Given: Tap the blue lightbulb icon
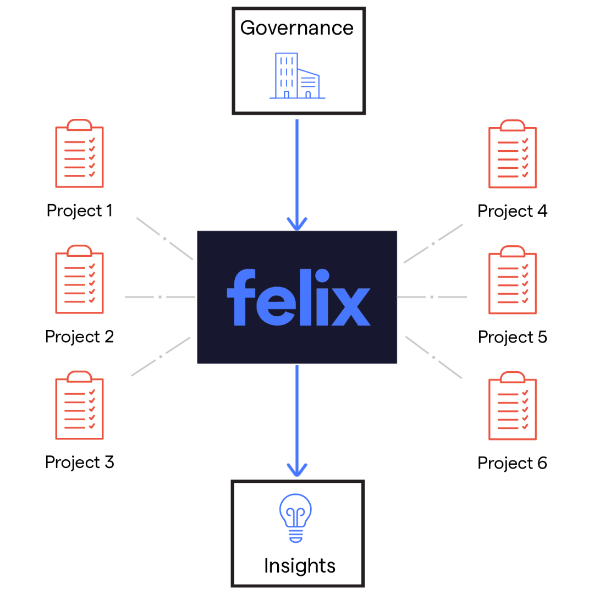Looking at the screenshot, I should [295, 517].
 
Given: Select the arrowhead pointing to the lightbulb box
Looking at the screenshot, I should [297, 470].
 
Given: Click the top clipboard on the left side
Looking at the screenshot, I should [79, 154].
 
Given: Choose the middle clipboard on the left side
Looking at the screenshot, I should [79, 280].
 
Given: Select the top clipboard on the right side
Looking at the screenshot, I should [513, 154].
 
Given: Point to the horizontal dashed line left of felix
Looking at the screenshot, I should [159, 297].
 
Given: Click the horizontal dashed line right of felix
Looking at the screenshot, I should [432, 297].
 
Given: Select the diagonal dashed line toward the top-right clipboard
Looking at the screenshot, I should [433, 243].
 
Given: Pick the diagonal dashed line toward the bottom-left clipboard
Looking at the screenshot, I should [161, 356].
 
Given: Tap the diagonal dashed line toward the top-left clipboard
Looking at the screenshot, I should [164, 238].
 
